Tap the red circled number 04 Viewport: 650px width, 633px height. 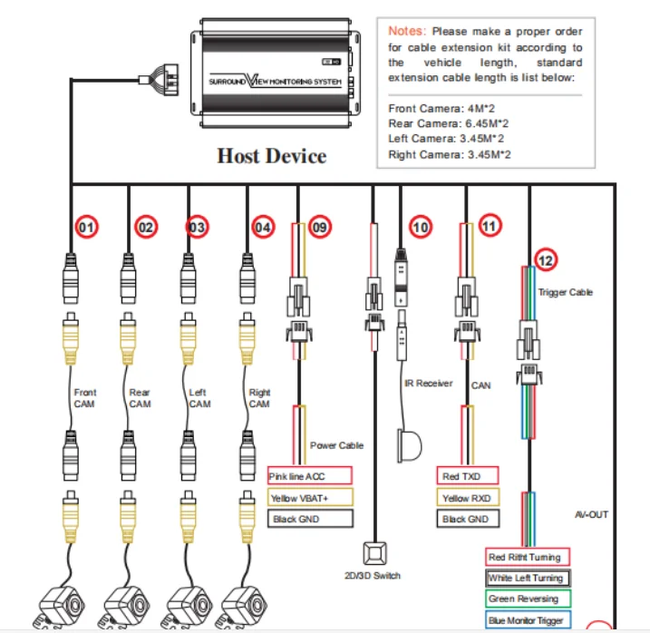[262, 228]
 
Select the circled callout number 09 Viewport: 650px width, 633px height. [319, 228]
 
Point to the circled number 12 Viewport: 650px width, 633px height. [544, 260]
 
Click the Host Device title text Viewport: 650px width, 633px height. [271, 156]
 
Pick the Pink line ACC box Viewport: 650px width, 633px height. [309, 476]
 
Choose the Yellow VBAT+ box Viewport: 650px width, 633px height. [309, 498]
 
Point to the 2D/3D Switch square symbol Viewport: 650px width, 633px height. [374, 553]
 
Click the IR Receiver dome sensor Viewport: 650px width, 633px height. [410, 444]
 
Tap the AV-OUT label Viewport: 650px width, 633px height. [590, 514]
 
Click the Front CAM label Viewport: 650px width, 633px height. [84, 398]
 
